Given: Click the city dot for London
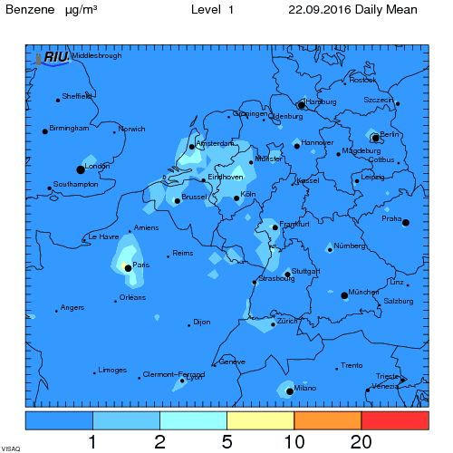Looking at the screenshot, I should click(81, 169).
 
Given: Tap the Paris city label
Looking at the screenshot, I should click(140, 265).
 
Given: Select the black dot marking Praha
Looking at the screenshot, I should click(406, 223).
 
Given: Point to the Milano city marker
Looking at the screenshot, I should click(290, 391).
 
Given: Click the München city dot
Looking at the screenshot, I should click(344, 295).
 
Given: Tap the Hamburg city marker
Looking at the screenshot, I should click(302, 105).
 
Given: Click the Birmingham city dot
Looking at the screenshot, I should click(44, 132).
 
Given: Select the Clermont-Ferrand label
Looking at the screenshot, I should click(174, 374).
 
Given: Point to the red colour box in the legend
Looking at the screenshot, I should click(395, 420).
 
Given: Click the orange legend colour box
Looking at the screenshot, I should click(328, 420).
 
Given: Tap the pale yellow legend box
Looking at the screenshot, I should click(261, 420).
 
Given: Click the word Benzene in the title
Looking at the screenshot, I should click(32, 11).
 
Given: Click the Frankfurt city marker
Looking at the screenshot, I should click(275, 228).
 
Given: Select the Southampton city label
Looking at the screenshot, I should click(76, 184).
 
